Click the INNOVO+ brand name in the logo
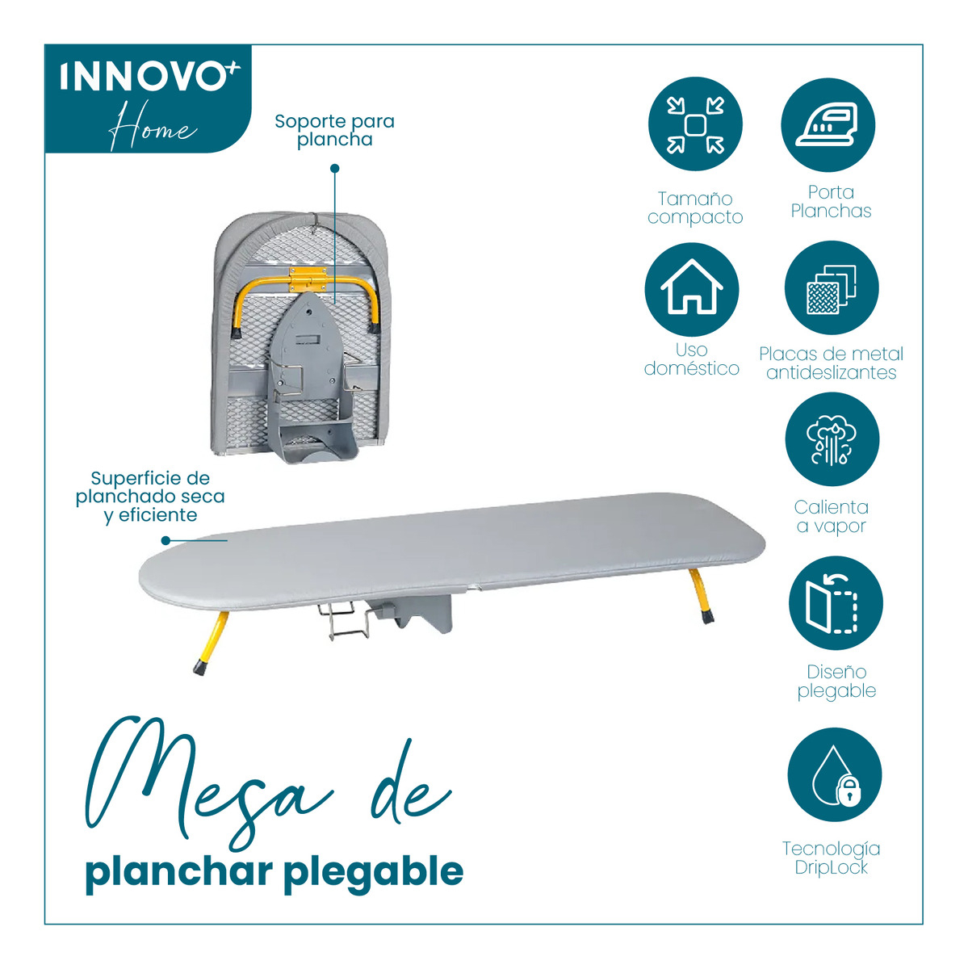coord(150,77)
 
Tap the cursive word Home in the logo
coord(153,126)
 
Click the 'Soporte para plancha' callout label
coord(334,130)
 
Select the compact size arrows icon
coord(695,124)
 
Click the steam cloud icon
coord(832,439)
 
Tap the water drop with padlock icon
coord(835,775)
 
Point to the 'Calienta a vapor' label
coord(832,517)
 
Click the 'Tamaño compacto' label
coord(695,208)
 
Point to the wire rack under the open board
coord(343,622)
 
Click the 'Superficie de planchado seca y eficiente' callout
coord(150,497)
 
